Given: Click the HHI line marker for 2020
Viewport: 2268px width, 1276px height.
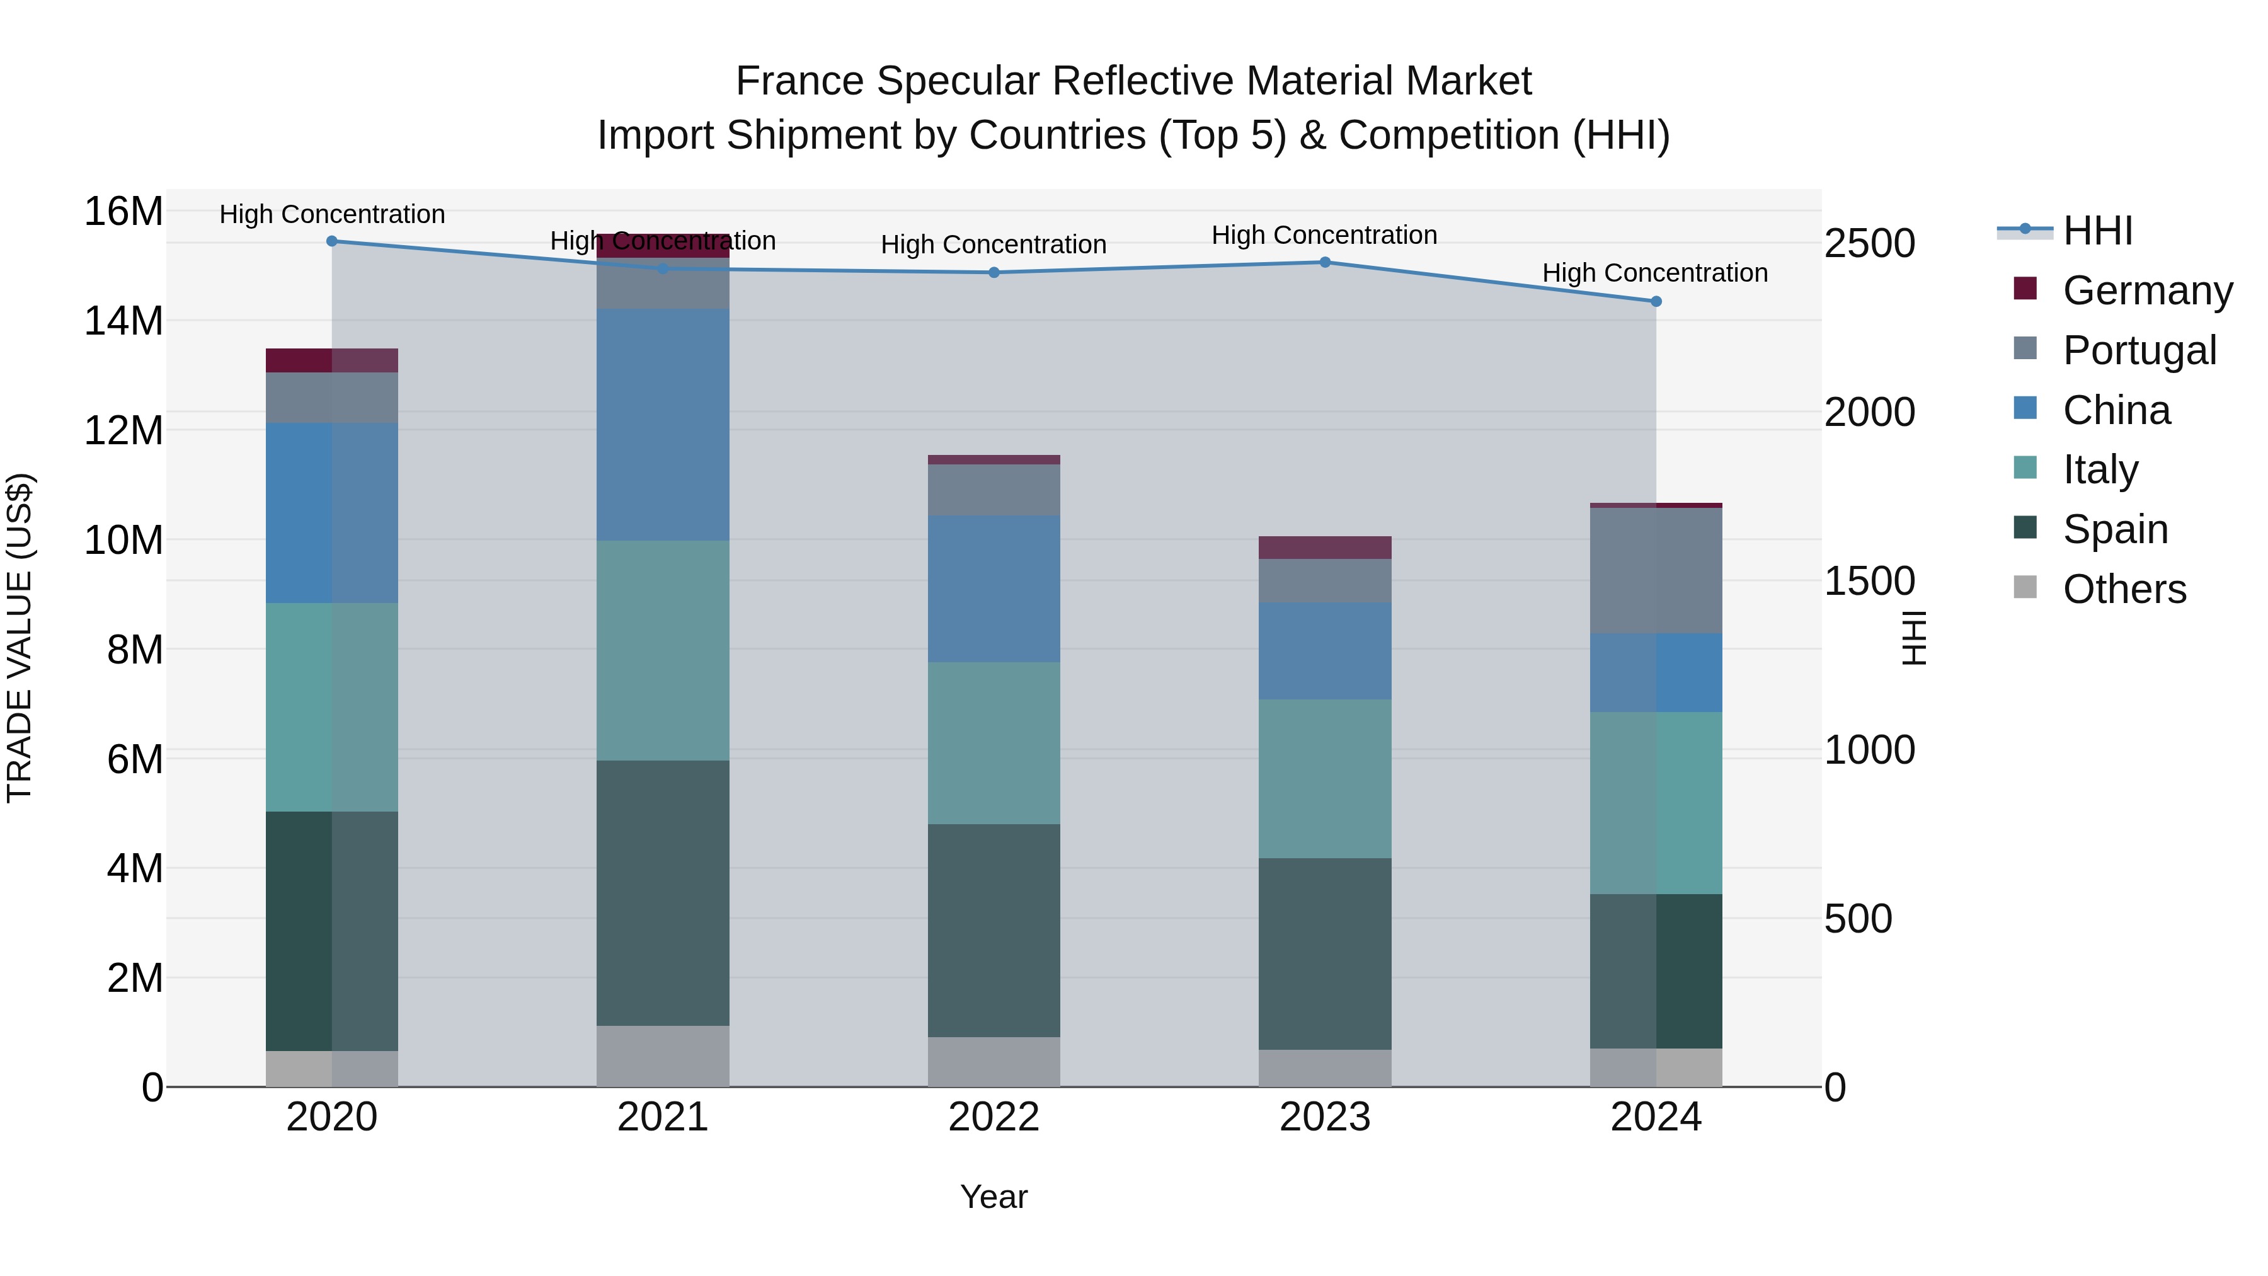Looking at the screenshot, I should click(332, 241).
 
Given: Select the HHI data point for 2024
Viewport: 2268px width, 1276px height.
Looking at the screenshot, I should click(1655, 301).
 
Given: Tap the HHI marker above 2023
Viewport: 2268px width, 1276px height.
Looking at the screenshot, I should click(1325, 262).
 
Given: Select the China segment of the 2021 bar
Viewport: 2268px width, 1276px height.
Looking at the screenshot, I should click(663, 425).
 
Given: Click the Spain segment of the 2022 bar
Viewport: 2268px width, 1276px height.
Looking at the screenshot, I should click(994, 930).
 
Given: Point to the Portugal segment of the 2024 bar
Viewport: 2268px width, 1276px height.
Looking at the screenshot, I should click(1655, 571).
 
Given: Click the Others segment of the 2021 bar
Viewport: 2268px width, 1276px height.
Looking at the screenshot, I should click(663, 1056).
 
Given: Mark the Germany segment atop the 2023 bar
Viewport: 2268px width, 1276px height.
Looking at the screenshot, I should click(1325, 548).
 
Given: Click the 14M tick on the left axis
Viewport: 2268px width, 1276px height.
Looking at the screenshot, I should click(123, 321).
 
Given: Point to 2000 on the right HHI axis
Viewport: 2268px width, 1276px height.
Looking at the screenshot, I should click(1869, 412).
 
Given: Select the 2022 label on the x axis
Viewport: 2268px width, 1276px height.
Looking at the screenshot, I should click(994, 1117).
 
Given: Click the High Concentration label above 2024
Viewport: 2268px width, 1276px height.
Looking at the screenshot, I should click(1654, 273).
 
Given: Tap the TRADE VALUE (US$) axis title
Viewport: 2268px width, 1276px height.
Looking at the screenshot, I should click(20, 638).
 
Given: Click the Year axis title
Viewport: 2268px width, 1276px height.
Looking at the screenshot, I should click(994, 1197).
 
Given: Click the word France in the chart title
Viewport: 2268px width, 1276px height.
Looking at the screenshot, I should click(799, 81).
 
